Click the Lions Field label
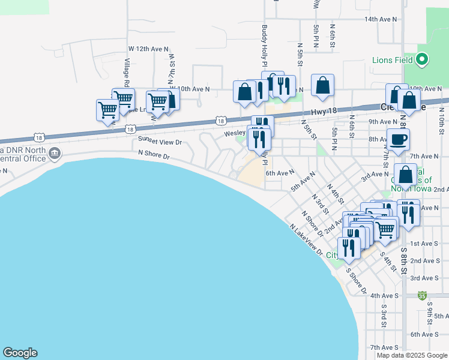pyautogui.click(x=392, y=60)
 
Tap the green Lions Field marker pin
pyautogui.click(x=422, y=59)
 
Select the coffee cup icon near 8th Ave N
pyautogui.click(x=398, y=140)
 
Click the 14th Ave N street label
pyautogui.click(x=381, y=19)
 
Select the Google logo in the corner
pyautogui.click(x=20, y=353)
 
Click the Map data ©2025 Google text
pyautogui.click(x=412, y=355)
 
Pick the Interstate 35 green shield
pyautogui.click(x=423, y=295)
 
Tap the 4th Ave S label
pyautogui.click(x=385, y=296)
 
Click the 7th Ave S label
pyautogui.click(x=385, y=347)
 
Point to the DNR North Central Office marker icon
pyautogui.click(x=55, y=154)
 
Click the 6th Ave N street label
pyautogui.click(x=280, y=173)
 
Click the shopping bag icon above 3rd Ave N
pyautogui.click(x=406, y=175)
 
